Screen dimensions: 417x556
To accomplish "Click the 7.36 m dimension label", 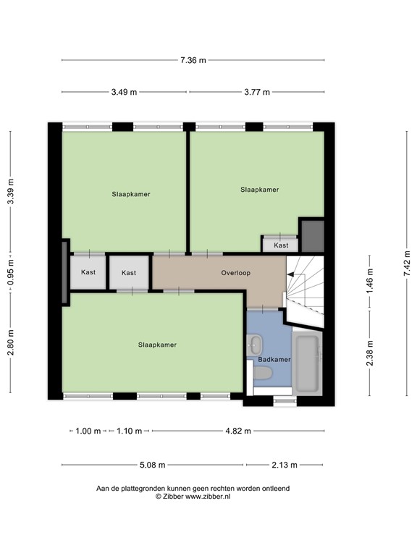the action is pyautogui.click(x=193, y=60).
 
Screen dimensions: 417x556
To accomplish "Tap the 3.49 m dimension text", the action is pyautogui.click(x=124, y=92).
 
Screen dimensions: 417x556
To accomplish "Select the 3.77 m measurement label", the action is pyautogui.click(x=257, y=92).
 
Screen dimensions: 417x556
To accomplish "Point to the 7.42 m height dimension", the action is pyautogui.click(x=407, y=263).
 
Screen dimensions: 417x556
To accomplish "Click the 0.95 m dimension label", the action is pyautogui.click(x=11, y=272).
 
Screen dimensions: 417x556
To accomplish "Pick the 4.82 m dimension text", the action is pyautogui.click(x=238, y=431).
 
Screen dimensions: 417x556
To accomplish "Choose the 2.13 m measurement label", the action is pyautogui.click(x=285, y=465).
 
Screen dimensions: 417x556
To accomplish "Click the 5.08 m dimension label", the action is pyautogui.click(x=153, y=465).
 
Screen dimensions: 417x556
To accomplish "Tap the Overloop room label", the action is pyautogui.click(x=236, y=273).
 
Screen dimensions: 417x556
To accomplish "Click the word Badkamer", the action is pyautogui.click(x=274, y=360).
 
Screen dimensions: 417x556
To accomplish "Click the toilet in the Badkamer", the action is pyautogui.click(x=261, y=374).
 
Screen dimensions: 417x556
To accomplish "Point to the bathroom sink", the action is pyautogui.click(x=254, y=345).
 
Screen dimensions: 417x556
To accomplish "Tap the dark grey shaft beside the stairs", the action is pyautogui.click(x=313, y=236).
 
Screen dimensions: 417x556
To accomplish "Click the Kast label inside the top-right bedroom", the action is pyautogui.click(x=281, y=245).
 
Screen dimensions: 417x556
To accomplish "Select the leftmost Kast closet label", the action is pyautogui.click(x=88, y=272).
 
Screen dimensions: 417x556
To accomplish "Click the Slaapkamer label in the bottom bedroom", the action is pyautogui.click(x=157, y=345).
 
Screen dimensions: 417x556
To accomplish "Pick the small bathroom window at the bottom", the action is pyautogui.click(x=285, y=401).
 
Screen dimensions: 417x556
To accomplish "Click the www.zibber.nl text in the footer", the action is pyautogui.click(x=208, y=497).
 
